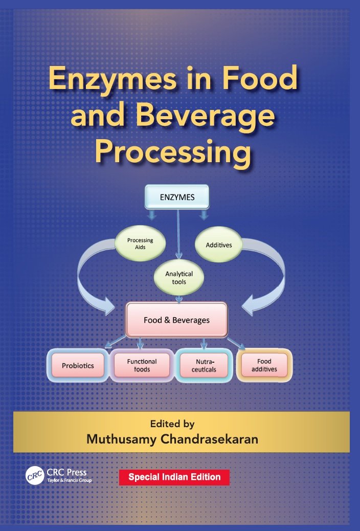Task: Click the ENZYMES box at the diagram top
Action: point(177,197)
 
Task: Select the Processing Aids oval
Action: point(140,244)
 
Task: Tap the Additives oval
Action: point(218,245)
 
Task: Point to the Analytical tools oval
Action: point(179,278)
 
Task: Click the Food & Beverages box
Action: point(176,320)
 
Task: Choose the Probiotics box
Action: point(78,366)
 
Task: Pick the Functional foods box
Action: point(142,365)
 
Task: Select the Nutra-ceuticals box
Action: point(204,366)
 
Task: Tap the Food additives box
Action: point(264,365)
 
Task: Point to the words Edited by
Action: point(172,424)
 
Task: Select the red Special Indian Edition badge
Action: point(174,477)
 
